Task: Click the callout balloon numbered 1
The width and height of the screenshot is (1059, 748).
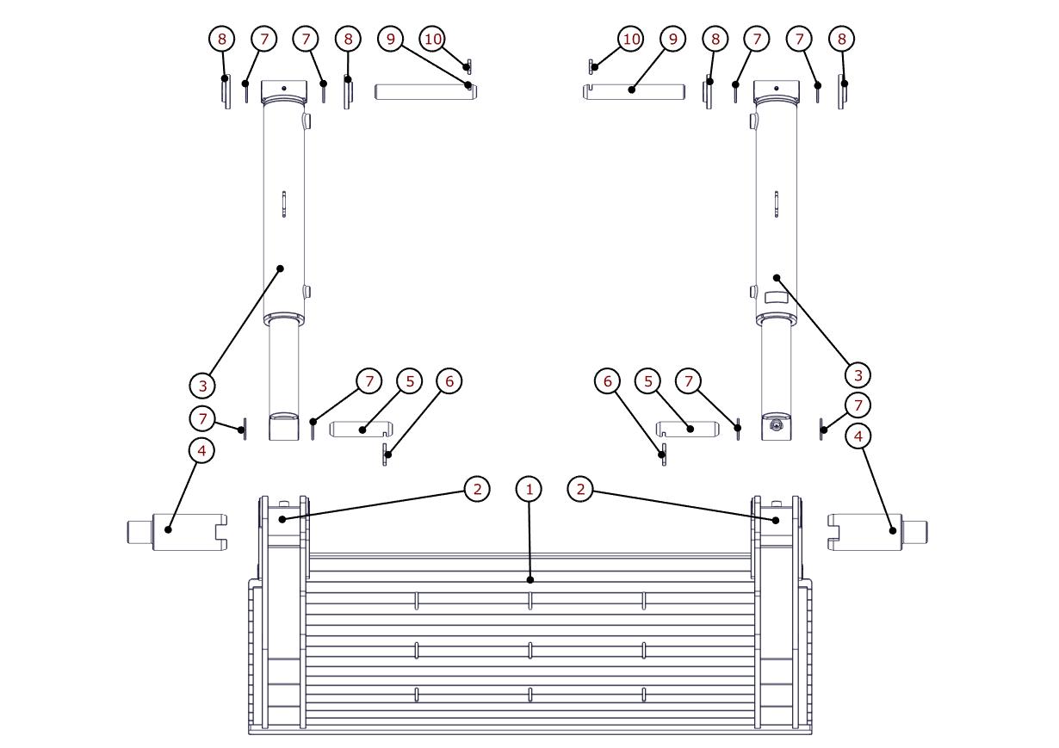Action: click(529, 489)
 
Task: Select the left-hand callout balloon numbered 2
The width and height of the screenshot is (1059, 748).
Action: click(476, 489)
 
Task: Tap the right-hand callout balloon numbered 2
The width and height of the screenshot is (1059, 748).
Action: click(581, 489)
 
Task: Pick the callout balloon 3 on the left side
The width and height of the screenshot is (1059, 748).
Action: click(202, 385)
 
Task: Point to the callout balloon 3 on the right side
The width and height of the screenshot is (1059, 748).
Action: click(858, 374)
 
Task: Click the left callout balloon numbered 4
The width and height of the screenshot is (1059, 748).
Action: click(201, 450)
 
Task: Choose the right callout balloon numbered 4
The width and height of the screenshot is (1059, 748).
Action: click(858, 436)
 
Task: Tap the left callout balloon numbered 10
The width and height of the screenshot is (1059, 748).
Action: click(433, 39)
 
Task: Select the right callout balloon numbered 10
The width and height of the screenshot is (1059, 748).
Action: click(631, 39)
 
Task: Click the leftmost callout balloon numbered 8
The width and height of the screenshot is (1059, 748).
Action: click(222, 39)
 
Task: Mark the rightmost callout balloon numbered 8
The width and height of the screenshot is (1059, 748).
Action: click(841, 39)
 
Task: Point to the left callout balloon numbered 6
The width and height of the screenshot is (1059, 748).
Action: click(449, 380)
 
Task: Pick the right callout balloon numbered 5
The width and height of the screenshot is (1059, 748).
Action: click(647, 380)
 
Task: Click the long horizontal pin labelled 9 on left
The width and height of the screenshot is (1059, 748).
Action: click(425, 90)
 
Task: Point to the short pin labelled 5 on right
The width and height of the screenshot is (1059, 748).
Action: click(688, 429)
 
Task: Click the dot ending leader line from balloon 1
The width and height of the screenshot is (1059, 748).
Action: click(529, 580)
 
